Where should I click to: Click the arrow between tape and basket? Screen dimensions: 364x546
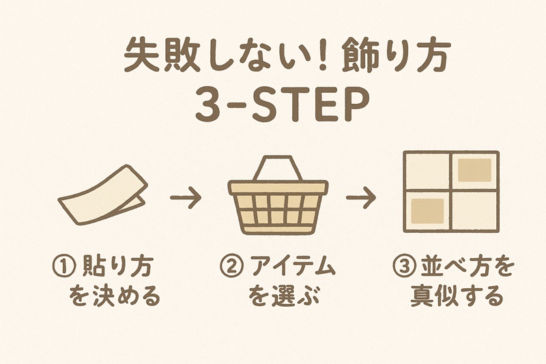(x=185, y=199)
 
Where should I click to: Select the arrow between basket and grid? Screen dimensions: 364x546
(x=361, y=199)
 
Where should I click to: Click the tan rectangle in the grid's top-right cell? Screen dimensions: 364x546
(x=475, y=169)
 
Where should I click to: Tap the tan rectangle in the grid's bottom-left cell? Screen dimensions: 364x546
(x=427, y=209)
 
